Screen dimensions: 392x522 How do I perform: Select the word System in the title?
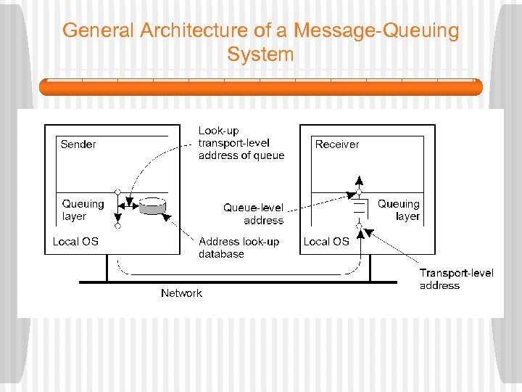point(260,54)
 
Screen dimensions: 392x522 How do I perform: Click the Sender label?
point(78,144)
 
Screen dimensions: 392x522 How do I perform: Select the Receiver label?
point(336,144)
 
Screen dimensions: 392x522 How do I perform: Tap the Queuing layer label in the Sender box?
point(83,210)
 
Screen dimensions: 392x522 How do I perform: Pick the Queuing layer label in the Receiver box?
point(399,210)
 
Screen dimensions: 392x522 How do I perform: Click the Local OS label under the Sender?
point(75,241)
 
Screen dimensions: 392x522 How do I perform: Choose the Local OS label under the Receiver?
point(326,241)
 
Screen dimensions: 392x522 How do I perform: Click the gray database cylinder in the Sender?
point(152,206)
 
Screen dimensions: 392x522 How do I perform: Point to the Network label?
point(181,293)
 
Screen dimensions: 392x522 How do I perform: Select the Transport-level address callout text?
point(456,279)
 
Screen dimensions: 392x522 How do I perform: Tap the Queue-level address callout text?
point(253,213)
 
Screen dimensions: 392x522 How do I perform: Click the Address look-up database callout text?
point(239,248)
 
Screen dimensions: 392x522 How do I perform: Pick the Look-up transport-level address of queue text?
point(241,143)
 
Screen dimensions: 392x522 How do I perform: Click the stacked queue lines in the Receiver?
point(358,211)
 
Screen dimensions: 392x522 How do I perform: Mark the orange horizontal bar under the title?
point(260,87)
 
